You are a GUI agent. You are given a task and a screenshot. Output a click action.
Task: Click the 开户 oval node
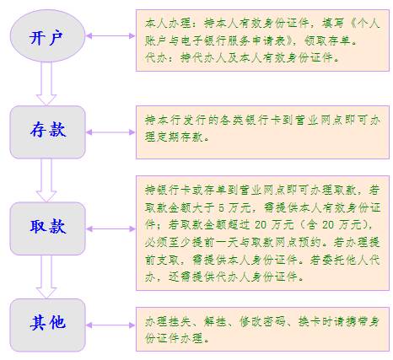point(47,35)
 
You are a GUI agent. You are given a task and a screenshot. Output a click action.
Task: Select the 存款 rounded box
point(47,132)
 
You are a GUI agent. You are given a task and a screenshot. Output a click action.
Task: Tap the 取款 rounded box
point(47,228)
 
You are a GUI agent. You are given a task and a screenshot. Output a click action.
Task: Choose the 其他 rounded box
point(47,325)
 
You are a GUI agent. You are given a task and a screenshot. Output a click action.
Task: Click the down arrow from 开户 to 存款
point(46,83)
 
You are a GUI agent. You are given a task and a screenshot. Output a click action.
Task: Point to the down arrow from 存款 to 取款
point(46,180)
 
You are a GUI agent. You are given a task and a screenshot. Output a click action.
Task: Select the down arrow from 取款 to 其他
point(46,277)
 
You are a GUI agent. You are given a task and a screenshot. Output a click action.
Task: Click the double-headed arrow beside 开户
point(110,36)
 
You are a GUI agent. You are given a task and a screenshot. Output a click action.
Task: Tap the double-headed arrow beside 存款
point(110,132)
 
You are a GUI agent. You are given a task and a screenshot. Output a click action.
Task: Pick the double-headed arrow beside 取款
point(110,228)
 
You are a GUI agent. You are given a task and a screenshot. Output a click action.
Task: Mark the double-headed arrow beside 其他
point(110,325)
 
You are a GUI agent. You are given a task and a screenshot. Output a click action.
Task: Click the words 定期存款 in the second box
point(174,137)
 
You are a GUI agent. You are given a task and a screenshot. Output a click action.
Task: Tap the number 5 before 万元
point(221,208)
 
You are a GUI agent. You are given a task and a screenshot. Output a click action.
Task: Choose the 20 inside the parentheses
point(328,225)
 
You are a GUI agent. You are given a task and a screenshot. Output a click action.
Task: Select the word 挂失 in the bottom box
point(180,321)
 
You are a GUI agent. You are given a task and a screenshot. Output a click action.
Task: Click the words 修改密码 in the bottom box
point(262,321)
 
